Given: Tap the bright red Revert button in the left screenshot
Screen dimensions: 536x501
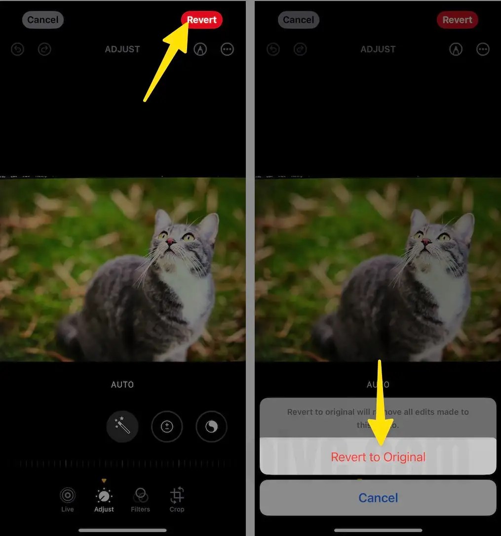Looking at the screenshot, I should click(202, 20).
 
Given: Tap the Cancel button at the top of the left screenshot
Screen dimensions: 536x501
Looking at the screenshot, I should click(43, 20).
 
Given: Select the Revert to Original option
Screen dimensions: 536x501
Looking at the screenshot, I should click(378, 457).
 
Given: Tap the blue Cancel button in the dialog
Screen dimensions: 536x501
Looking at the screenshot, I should click(378, 497).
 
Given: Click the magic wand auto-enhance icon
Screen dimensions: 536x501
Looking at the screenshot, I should click(122, 426).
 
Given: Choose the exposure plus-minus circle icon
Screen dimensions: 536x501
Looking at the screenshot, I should click(167, 426).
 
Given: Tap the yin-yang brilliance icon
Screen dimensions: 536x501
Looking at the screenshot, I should click(211, 426).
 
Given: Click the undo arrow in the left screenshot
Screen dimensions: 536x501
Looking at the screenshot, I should click(18, 49).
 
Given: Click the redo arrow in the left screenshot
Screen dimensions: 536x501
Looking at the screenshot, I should click(44, 49).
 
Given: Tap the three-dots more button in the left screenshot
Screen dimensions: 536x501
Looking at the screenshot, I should click(227, 49).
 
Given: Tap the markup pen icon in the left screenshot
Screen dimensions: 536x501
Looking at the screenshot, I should click(200, 49).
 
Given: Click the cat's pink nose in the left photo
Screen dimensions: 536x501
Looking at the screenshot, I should click(170, 242).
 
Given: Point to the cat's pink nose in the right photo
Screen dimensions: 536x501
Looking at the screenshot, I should click(425, 242).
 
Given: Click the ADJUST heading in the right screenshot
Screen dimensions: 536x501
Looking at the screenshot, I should click(378, 49).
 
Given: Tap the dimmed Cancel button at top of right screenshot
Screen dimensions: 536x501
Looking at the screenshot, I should click(299, 20).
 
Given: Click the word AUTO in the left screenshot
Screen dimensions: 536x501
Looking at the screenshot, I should click(122, 385).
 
